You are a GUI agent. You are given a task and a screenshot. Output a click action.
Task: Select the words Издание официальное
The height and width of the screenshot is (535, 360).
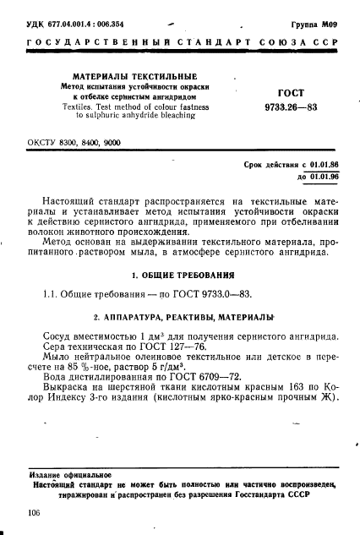(x=64, y=476)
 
